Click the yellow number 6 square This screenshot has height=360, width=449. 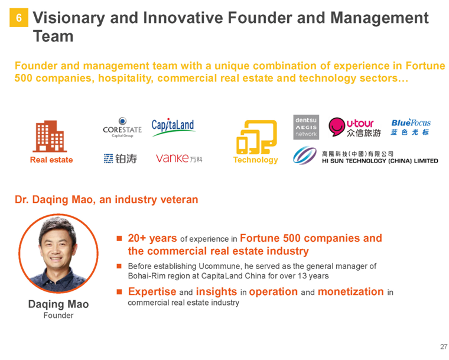coord(19,18)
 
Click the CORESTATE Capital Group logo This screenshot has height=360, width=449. coord(122,127)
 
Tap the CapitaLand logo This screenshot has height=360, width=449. coord(173,127)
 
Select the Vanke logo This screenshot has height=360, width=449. coord(179,158)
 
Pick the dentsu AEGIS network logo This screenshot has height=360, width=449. coord(306,127)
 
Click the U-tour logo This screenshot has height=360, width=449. coord(355,127)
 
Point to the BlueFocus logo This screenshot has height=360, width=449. coord(411,127)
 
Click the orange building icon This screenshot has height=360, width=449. coord(50,136)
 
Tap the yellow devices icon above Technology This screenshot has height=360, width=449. coord(256,137)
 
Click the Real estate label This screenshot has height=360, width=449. coord(51,160)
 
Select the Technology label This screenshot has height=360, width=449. coord(256,160)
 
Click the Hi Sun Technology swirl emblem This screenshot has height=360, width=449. coord(305,155)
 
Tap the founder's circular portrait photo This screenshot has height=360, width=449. coord(58,254)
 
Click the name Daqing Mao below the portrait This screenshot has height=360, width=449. coord(58,304)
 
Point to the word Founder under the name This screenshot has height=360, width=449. coord(58,315)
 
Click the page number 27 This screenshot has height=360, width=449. coord(444,347)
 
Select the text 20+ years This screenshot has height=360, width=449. coord(152,238)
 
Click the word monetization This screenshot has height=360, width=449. coord(351,291)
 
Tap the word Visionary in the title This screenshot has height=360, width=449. coord(69,18)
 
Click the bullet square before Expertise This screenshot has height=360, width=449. coord(119,292)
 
